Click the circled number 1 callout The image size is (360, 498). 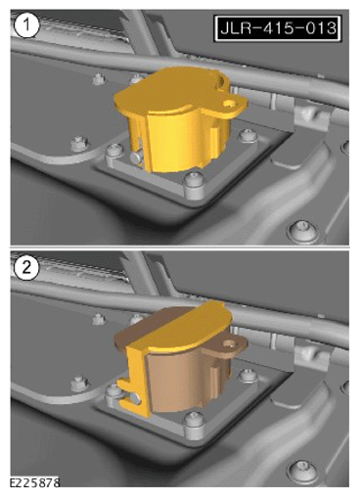tap(26, 25)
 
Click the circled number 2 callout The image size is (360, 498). tap(26, 268)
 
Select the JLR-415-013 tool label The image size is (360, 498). tap(278, 28)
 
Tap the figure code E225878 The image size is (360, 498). tap(34, 482)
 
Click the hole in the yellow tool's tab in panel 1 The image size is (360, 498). tap(231, 104)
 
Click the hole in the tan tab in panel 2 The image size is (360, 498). tap(231, 343)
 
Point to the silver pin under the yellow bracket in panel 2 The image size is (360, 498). tap(135, 399)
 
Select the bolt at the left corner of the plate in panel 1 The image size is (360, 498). tap(114, 152)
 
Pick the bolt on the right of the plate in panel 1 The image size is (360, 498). tap(247, 135)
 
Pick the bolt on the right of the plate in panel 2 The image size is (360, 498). tap(247, 376)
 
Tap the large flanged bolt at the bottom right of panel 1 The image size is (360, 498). tap(302, 230)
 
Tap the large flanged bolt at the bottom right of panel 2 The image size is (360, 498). tap(302, 471)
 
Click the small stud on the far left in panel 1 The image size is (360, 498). tap(79, 143)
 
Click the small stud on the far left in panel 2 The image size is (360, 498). tap(79, 384)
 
